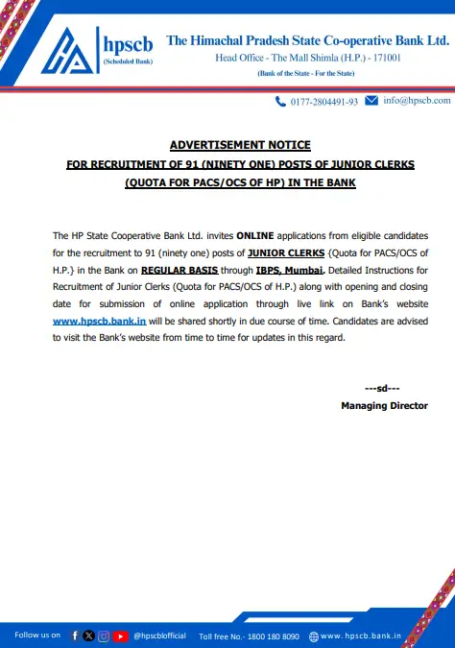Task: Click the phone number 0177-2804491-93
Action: pyautogui.click(x=323, y=101)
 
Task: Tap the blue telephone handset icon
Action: pyautogui.click(x=281, y=101)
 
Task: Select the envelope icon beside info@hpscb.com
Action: pyautogui.click(x=371, y=100)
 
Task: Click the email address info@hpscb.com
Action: pyautogui.click(x=416, y=101)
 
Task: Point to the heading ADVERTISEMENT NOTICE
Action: pyautogui.click(x=240, y=145)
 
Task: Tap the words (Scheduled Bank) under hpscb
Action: pyautogui.click(x=127, y=60)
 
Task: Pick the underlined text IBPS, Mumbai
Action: pyautogui.click(x=280, y=269)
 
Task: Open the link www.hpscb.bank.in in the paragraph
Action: pyautogui.click(x=99, y=321)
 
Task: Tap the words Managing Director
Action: pyautogui.click(x=384, y=406)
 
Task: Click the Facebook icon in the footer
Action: pyautogui.click(x=75, y=636)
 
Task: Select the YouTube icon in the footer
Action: pyautogui.click(x=120, y=636)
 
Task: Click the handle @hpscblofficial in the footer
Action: pyautogui.click(x=159, y=636)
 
